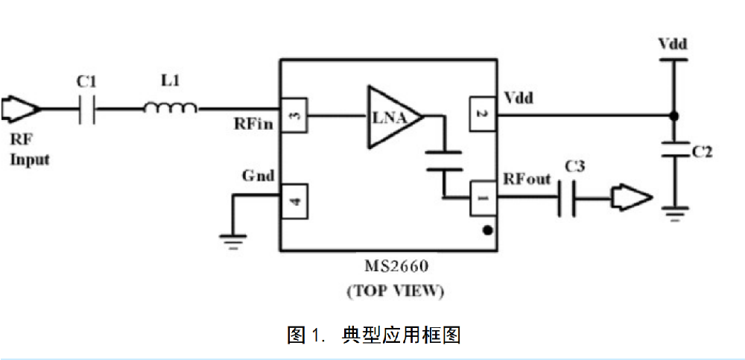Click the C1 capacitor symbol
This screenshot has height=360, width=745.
tap(87, 110)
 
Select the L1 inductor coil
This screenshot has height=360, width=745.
tap(171, 108)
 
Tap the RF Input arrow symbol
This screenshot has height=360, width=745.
tap(21, 109)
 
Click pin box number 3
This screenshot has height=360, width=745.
tap(294, 115)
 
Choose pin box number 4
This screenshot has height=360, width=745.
tap(294, 200)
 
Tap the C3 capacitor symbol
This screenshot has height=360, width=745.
tap(566, 198)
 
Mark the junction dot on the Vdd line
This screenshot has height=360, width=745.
tap(673, 116)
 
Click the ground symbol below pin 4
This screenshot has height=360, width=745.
tap(232, 241)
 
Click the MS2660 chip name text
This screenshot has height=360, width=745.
tap(396, 266)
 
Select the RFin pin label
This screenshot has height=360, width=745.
tap(254, 124)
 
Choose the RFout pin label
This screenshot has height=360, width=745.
tap(527, 180)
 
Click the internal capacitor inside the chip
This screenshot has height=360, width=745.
tap(443, 160)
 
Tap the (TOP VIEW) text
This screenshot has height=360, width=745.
tap(396, 291)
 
